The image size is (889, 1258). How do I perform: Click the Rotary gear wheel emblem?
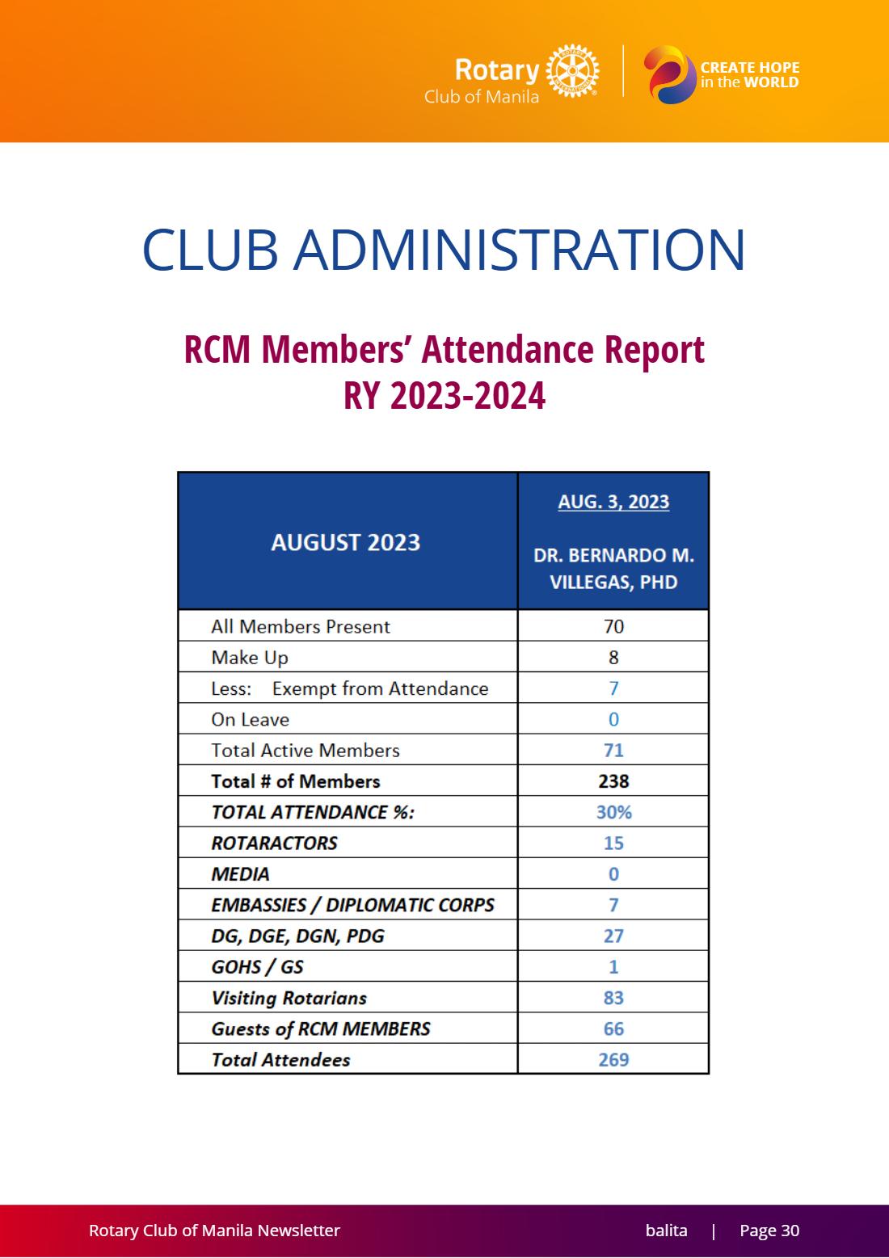pos(572,71)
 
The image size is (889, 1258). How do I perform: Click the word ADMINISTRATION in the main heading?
pos(520,250)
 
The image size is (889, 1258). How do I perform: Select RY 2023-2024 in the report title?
pos(444,395)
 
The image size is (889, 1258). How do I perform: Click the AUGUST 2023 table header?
pos(346,542)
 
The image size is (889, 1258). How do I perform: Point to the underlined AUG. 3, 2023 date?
pos(613,502)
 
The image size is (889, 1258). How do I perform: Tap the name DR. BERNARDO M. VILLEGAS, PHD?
pos(613,568)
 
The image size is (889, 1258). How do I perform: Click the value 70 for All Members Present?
pos(613,626)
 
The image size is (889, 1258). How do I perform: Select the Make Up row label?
pos(250,658)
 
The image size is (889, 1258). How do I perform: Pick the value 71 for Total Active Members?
pos(613,751)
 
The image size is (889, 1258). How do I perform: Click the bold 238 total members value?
pos(613,781)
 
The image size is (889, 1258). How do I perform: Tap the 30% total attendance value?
pos(614,812)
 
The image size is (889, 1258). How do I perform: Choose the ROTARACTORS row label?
pos(274,843)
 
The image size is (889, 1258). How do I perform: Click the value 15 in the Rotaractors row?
pos(613,843)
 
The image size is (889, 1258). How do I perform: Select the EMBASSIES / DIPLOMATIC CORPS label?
pos(352,905)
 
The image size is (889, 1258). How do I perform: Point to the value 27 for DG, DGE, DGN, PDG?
pos(613,936)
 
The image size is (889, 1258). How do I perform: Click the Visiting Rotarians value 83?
pos(613,998)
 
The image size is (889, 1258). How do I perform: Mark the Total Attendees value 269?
pos(613,1060)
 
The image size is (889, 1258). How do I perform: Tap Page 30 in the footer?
pos(769,1231)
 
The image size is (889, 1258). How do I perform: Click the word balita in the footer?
pos(666,1231)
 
